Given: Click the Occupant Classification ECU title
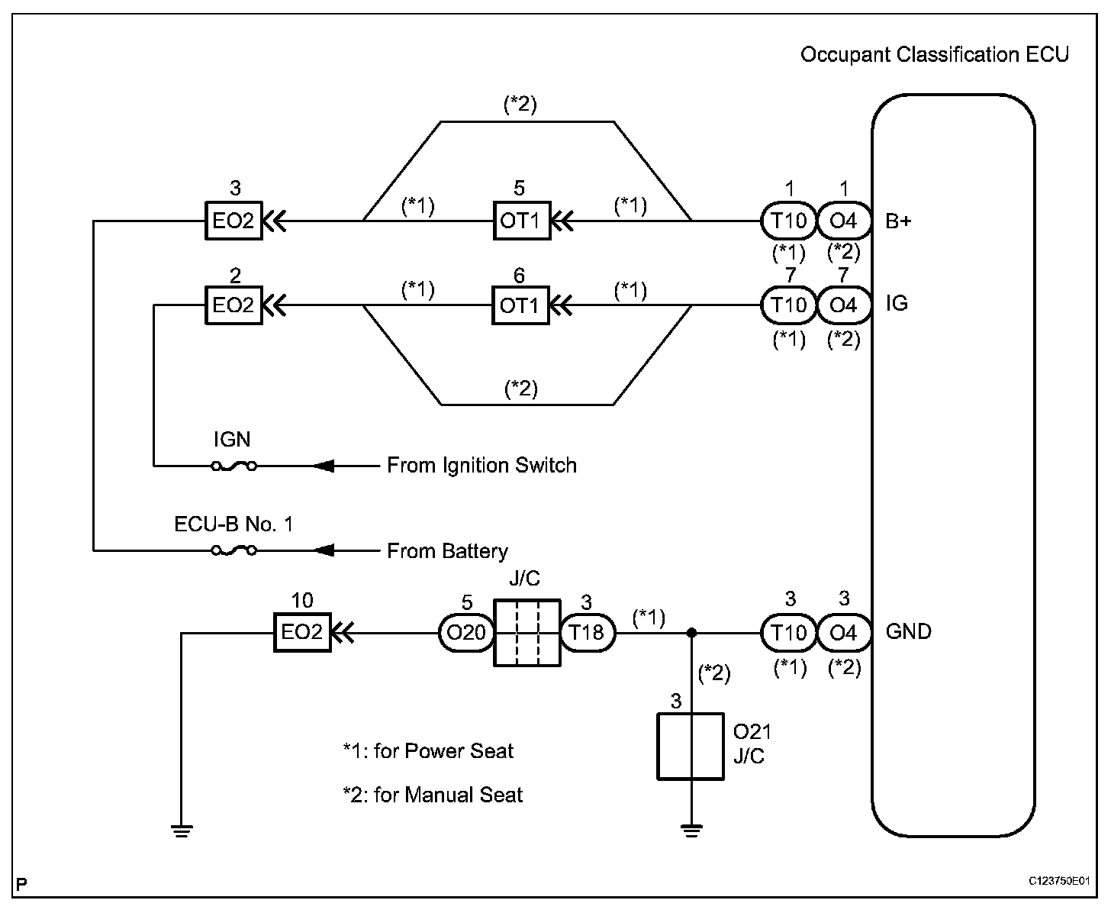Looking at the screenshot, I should click(934, 55).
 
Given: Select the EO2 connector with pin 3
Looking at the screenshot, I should click(233, 221).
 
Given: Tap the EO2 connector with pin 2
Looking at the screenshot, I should click(233, 305).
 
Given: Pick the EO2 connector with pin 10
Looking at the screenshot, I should click(302, 632).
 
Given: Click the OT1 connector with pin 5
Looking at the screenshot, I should click(520, 221).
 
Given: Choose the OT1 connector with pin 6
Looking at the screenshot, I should click(520, 305).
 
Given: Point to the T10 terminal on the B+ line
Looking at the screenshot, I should click(789, 221).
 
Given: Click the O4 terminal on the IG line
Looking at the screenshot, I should click(843, 305).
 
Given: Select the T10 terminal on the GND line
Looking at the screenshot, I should click(789, 632).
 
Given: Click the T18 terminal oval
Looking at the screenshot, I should click(588, 632).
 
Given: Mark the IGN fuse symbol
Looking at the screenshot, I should click(233, 465).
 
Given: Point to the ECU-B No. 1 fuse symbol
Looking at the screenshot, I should click(233, 550).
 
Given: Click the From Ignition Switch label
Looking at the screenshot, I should click(481, 465).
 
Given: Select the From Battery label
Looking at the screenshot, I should click(447, 550).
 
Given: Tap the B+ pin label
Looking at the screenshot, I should click(899, 221).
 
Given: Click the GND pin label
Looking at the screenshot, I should click(908, 632).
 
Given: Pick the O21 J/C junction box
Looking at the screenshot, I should click(691, 746).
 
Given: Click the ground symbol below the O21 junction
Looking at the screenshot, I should click(691, 831).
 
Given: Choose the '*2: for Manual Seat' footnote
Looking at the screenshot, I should click(433, 795).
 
